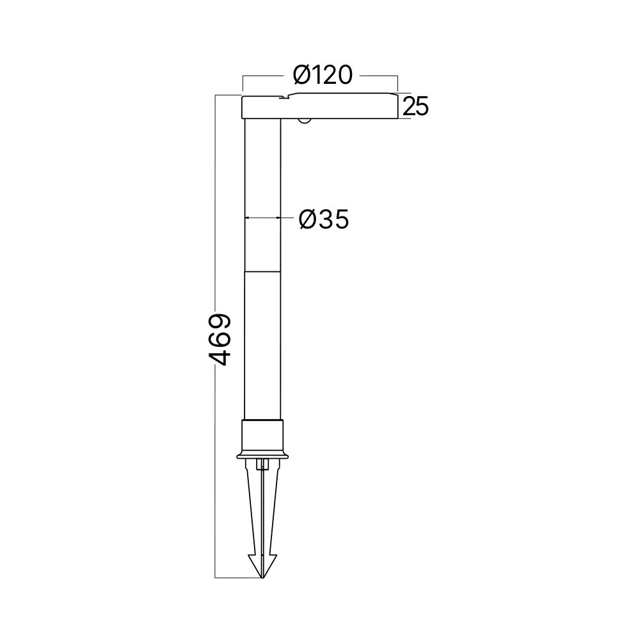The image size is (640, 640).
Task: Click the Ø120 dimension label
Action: [x=323, y=76]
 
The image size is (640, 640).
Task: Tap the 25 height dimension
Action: [x=415, y=107]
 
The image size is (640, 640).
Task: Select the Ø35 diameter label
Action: [x=324, y=220]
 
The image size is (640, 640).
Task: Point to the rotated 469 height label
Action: [x=221, y=339]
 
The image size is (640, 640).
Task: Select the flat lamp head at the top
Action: [x=320, y=106]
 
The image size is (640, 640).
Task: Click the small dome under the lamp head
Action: [x=305, y=120]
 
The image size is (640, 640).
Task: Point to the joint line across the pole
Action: [x=263, y=271]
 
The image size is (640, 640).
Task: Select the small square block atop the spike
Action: [x=262, y=465]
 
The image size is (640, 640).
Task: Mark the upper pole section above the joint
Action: [x=263, y=192]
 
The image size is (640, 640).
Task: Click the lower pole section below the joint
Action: [x=263, y=346]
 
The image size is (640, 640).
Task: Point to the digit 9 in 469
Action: [x=221, y=322]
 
